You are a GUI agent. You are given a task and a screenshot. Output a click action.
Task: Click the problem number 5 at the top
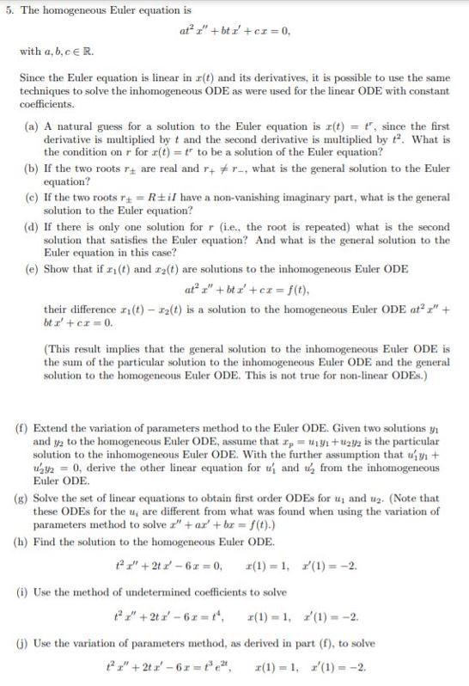coord(7,10)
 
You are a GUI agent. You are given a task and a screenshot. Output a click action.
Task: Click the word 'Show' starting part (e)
coord(57,269)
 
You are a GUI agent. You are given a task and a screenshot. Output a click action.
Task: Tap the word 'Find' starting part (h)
coord(55,540)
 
